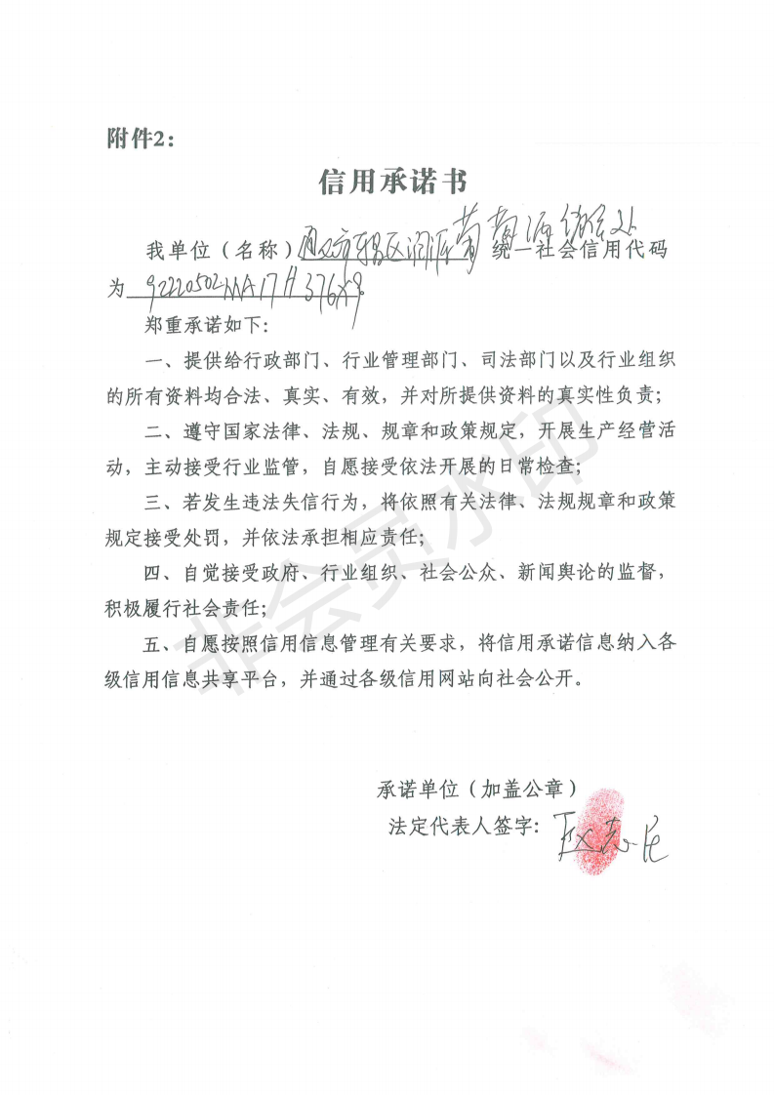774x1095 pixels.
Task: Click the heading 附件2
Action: [x=140, y=140]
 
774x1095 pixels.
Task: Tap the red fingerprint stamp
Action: [x=595, y=827]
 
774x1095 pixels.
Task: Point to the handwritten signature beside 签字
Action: [x=607, y=836]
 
